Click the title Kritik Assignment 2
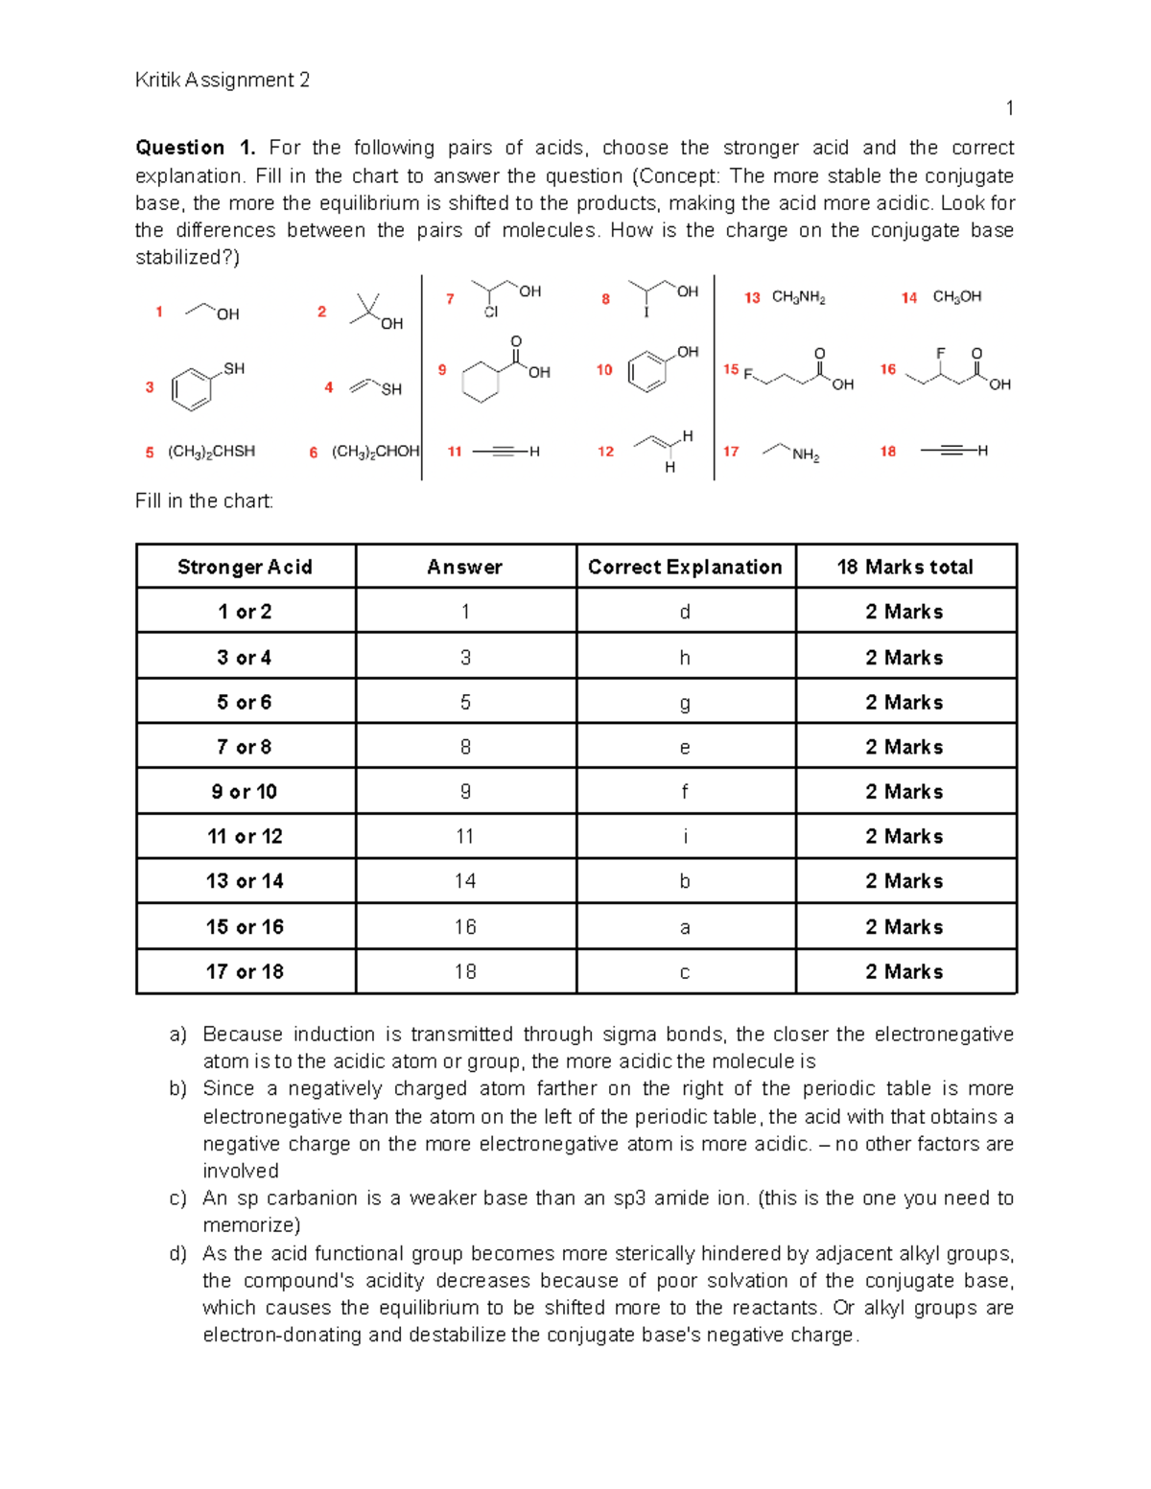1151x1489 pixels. tap(223, 81)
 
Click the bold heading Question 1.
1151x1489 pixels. tap(195, 148)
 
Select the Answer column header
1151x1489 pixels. tap(465, 567)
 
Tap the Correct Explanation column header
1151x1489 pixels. tap(685, 567)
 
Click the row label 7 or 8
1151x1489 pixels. tap(245, 747)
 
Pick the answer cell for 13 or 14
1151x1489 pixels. tap(465, 881)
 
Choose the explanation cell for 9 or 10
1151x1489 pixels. tap(685, 792)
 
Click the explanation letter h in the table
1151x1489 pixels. tap(685, 658)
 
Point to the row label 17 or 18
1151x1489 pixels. tap(245, 971)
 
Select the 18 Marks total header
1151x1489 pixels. tap(904, 567)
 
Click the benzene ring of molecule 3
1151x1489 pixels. tap(191, 390)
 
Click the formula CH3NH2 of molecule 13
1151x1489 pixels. tap(798, 297)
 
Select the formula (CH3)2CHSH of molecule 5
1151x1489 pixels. tap(211, 452)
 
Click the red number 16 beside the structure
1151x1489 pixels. tap(888, 369)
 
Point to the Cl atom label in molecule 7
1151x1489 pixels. tap(491, 313)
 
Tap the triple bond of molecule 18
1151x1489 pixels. tap(951, 451)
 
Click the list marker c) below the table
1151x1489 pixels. tap(176, 1198)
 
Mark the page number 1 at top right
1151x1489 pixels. tap(1009, 108)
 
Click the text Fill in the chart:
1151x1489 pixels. tap(204, 500)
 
